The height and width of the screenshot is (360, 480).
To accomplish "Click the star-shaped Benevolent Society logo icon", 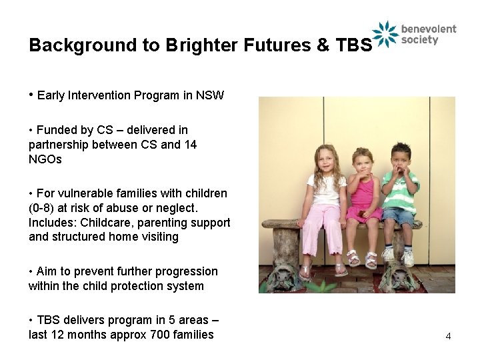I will click(x=385, y=34).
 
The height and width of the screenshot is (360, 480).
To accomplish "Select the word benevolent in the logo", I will click(x=429, y=29).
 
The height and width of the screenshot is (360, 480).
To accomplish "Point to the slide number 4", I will click(x=448, y=336).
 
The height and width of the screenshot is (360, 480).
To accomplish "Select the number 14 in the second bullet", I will click(x=190, y=145).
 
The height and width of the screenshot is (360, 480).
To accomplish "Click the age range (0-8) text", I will click(x=45, y=208).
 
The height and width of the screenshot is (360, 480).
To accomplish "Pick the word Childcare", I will click(x=102, y=223).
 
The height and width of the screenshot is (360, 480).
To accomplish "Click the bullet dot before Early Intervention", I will click(x=31, y=95).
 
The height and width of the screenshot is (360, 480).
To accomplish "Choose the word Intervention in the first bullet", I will click(x=99, y=95).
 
